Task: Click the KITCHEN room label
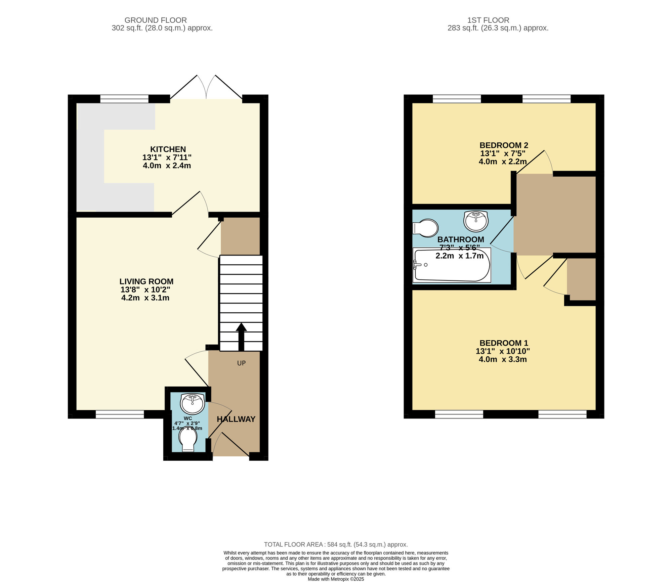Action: pyautogui.click(x=168, y=149)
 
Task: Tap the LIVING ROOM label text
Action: pyautogui.click(x=146, y=281)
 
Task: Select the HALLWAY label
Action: pyautogui.click(x=236, y=419)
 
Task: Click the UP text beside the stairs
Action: pyautogui.click(x=241, y=363)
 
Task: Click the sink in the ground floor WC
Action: pyautogui.click(x=192, y=403)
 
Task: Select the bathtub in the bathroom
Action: pyautogui.click(x=452, y=265)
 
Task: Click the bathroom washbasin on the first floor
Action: pyautogui.click(x=475, y=221)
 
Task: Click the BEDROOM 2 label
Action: pyautogui.click(x=503, y=145)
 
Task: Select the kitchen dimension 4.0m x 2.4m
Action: pyautogui.click(x=167, y=166)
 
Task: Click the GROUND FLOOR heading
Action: pyautogui.click(x=156, y=20)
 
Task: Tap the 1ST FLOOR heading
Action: pyautogui.click(x=488, y=20)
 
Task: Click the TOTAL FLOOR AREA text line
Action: pyautogui.click(x=336, y=544)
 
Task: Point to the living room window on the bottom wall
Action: pyautogui.click(x=120, y=414)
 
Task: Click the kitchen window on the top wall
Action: pyautogui.click(x=124, y=99)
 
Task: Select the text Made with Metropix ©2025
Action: pyautogui.click(x=336, y=579)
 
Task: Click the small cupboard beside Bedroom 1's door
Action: pyautogui.click(x=581, y=279)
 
